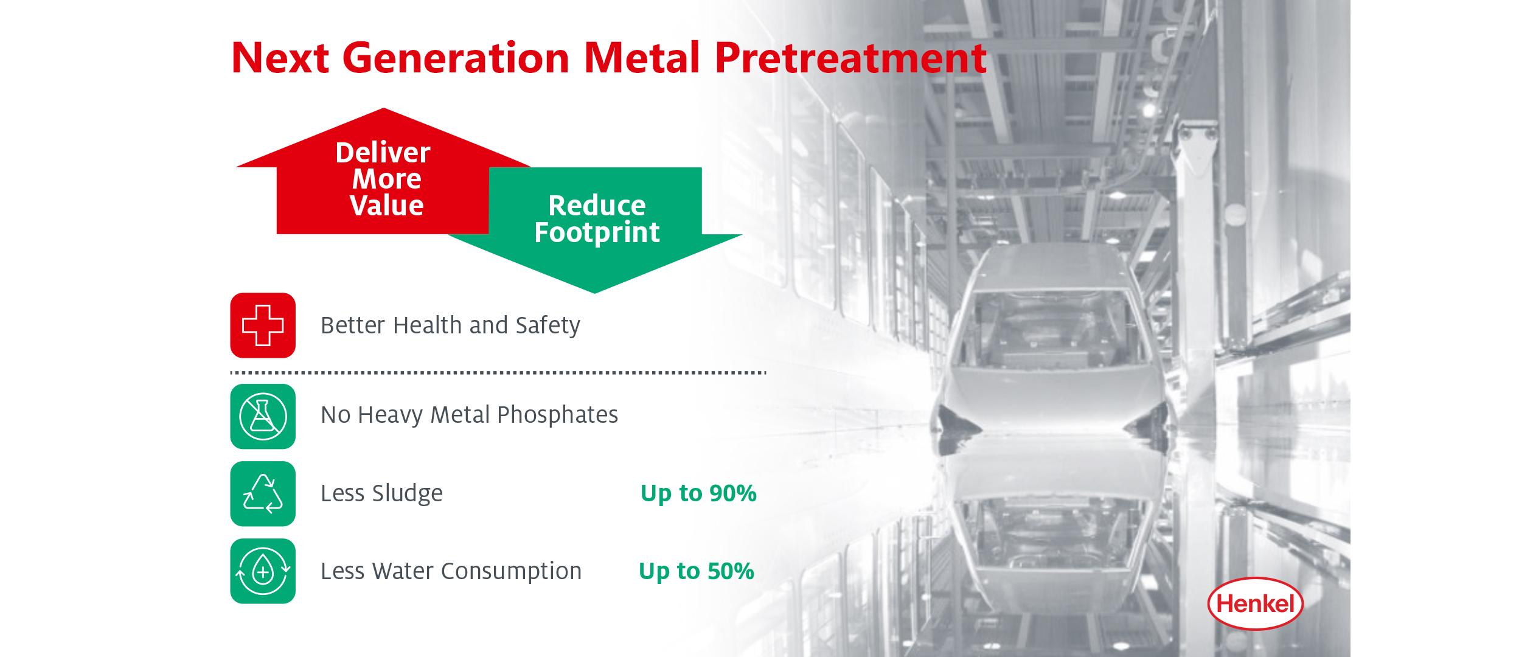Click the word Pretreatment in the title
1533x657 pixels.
[850, 58]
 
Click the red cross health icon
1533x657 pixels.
[263, 325]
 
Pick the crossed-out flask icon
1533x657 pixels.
[263, 417]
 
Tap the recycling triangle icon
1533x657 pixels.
[263, 493]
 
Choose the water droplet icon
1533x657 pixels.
[263, 571]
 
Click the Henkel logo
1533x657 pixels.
[1255, 603]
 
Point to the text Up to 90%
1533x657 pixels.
[698, 493]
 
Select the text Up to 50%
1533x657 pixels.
[697, 571]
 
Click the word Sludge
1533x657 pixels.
[408, 493]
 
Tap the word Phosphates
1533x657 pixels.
[557, 415]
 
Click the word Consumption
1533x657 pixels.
[511, 571]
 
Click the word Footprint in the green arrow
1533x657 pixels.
[597, 232]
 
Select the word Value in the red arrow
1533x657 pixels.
[387, 206]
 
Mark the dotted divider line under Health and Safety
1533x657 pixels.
[498, 372]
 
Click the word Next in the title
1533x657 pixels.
[280, 58]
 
